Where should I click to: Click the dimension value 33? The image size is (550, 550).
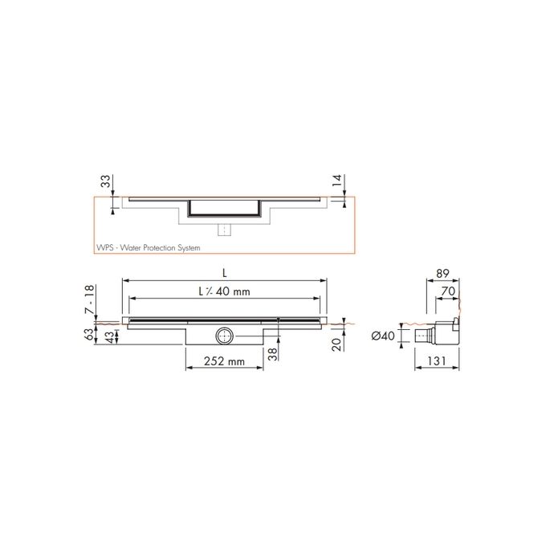point(105,182)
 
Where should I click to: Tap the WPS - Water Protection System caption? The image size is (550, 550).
point(146,248)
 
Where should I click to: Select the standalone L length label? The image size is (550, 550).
point(226,274)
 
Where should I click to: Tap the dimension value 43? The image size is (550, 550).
point(108,338)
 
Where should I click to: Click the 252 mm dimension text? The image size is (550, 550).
point(224,361)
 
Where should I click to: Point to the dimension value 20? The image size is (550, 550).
point(337,344)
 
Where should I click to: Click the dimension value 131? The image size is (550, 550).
point(437,362)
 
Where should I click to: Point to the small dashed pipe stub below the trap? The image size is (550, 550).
point(226,230)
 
